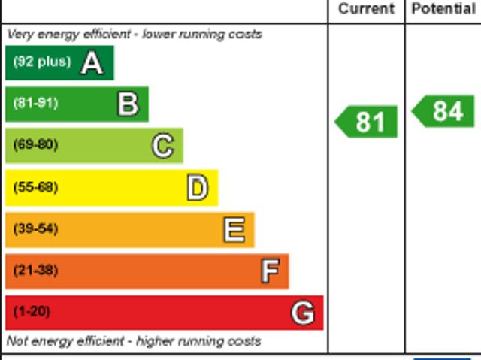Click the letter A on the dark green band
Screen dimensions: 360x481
[x=92, y=63]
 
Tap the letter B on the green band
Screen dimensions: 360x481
[x=128, y=104]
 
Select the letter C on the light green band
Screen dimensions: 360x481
[x=162, y=145]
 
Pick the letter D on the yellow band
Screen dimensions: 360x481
[x=198, y=188]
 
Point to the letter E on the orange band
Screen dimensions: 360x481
[x=234, y=230]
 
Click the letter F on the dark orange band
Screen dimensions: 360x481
[x=270, y=271]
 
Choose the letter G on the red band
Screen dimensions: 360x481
[x=303, y=312]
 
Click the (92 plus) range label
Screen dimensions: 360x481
[x=41, y=62]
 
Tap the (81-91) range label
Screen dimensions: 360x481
[x=35, y=104]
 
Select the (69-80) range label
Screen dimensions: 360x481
[x=35, y=145]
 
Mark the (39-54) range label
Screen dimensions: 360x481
[x=35, y=229]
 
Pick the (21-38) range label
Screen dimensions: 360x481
[x=35, y=271]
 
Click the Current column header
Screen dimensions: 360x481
[x=366, y=9]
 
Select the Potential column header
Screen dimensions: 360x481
[x=443, y=9]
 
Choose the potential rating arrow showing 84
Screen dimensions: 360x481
[x=445, y=111]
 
